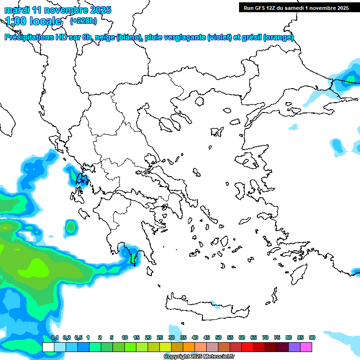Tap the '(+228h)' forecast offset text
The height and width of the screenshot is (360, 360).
point(83,21)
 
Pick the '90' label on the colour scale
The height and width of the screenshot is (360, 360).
point(312,337)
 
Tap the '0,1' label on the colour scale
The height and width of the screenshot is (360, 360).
point(54,337)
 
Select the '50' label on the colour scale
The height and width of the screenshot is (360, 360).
point(218,337)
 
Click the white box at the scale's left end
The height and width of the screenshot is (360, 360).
point(48,347)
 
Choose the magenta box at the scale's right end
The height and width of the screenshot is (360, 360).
point(306,347)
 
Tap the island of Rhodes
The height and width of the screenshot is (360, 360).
point(298,273)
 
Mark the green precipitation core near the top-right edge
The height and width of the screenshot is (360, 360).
point(350,78)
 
